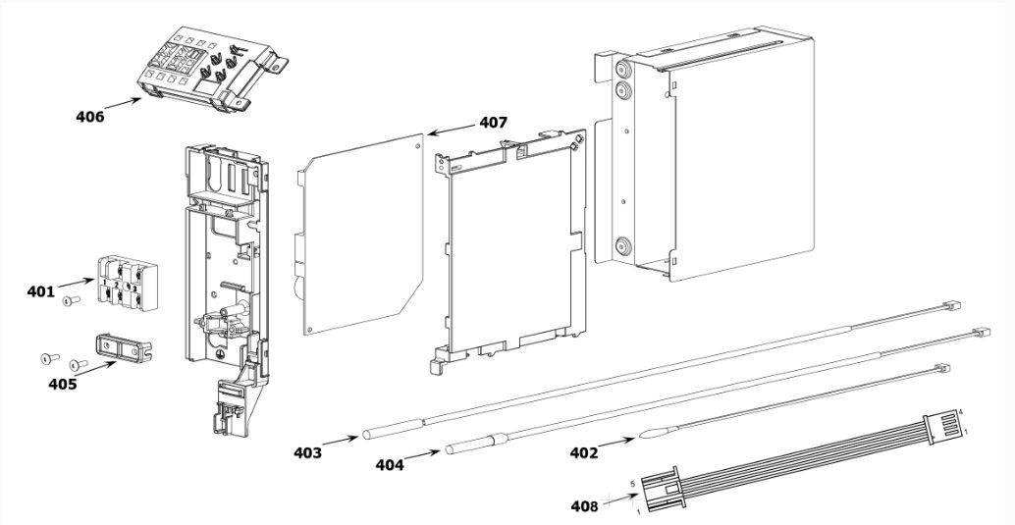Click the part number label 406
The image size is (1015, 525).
click(x=90, y=117)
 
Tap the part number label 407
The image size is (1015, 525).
click(x=493, y=123)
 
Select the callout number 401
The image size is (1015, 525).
click(x=41, y=291)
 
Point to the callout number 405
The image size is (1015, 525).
click(x=63, y=384)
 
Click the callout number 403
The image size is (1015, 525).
click(x=307, y=452)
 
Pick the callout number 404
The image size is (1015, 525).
click(x=390, y=464)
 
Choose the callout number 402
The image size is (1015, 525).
click(x=584, y=452)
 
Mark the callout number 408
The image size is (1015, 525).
click(x=584, y=506)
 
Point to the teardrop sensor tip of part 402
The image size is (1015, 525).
click(x=651, y=431)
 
